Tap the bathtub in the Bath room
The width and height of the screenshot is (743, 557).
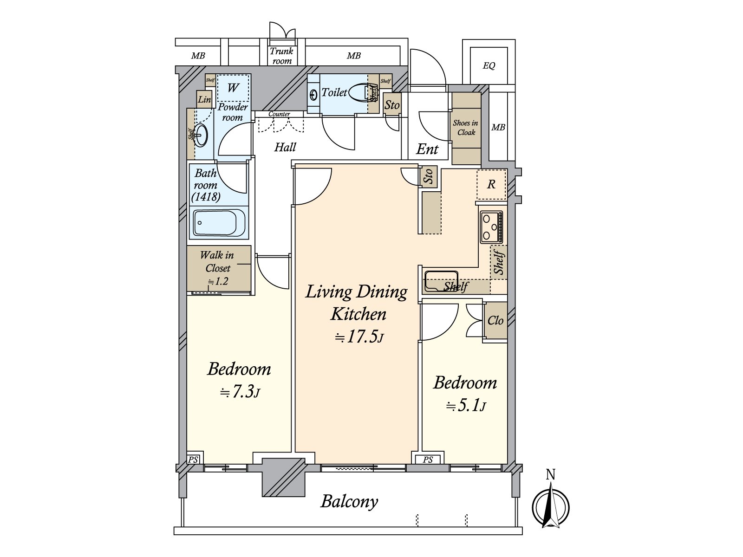coord(219,223)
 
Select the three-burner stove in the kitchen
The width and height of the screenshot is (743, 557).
coord(491,227)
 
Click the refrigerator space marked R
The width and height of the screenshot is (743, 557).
coord(491,185)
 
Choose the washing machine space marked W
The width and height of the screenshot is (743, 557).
coord(233,88)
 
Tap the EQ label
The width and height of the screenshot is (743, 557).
coord(489,65)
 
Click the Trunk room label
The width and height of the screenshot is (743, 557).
coord(281,56)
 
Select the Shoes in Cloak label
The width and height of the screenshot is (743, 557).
coord(466,128)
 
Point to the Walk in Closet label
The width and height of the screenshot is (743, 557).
coord(217,261)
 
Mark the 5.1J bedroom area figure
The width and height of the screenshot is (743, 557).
coord(466,406)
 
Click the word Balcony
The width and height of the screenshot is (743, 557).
coord(349,502)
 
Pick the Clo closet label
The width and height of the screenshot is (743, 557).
coord(495,320)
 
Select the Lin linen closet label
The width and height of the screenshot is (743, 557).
coord(204,99)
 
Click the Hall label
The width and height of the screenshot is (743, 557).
coord(285,147)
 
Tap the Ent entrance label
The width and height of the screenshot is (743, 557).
coord(427,149)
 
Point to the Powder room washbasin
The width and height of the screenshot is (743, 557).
coord(201,135)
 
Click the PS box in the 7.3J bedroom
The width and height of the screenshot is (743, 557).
coord(193,460)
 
